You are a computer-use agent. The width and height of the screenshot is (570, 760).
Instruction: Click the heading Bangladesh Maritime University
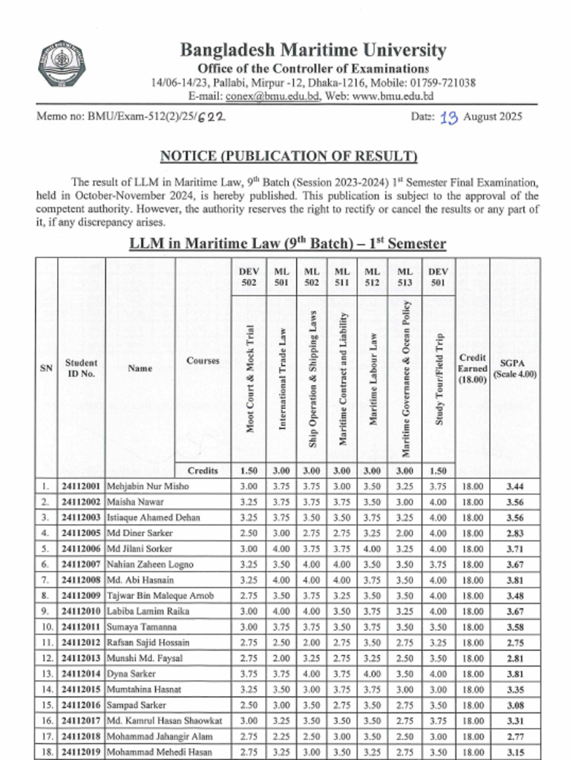[313, 50]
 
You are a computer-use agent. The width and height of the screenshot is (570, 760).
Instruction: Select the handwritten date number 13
[449, 117]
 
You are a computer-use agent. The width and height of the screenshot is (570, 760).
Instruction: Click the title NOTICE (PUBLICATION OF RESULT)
[289, 156]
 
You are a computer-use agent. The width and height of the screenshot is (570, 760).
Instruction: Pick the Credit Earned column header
[473, 368]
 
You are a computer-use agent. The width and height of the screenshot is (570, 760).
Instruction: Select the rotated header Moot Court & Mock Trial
[250, 379]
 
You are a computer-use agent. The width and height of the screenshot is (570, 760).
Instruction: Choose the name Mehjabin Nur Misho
[148, 486]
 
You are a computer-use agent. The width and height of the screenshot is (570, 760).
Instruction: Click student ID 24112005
[82, 533]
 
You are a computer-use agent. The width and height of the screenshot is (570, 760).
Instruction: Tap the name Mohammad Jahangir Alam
[160, 736]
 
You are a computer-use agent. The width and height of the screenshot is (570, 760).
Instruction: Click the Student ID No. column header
[82, 368]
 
